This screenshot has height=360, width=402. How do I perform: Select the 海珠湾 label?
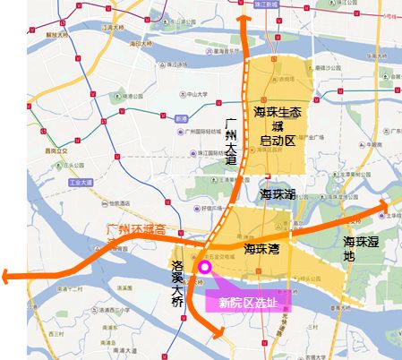click(265, 248)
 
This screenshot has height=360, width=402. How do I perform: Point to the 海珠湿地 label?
click(361, 249)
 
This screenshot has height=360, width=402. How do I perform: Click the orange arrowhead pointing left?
click(7, 278)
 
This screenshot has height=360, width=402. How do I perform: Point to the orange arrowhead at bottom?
click(217, 335)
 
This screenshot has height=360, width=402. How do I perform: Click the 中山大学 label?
click(172, 90)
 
